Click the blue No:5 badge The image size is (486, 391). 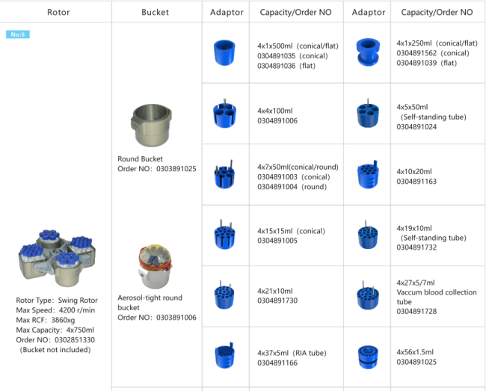(x=18, y=34)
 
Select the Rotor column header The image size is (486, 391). (x=58, y=13)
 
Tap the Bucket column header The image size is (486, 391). (x=155, y=13)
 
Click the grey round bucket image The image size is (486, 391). (x=152, y=125)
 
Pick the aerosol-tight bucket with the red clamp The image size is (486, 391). (x=155, y=266)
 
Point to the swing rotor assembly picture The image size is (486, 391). (x=57, y=258)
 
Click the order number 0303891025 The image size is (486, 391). (x=176, y=169)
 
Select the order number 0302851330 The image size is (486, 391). (x=75, y=340)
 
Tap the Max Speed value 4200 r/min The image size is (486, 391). (x=77, y=310)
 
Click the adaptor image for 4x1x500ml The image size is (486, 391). (x=224, y=52)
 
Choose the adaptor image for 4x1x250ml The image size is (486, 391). (x=368, y=52)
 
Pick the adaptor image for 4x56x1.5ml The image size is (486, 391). (x=368, y=357)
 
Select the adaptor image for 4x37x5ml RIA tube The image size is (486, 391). (x=225, y=355)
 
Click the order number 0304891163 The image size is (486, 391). (x=416, y=182)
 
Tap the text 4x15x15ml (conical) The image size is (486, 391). (x=291, y=231)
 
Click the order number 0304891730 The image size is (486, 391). (x=277, y=301)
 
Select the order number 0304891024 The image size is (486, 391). (x=416, y=126)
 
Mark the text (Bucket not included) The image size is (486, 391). (x=55, y=350)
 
